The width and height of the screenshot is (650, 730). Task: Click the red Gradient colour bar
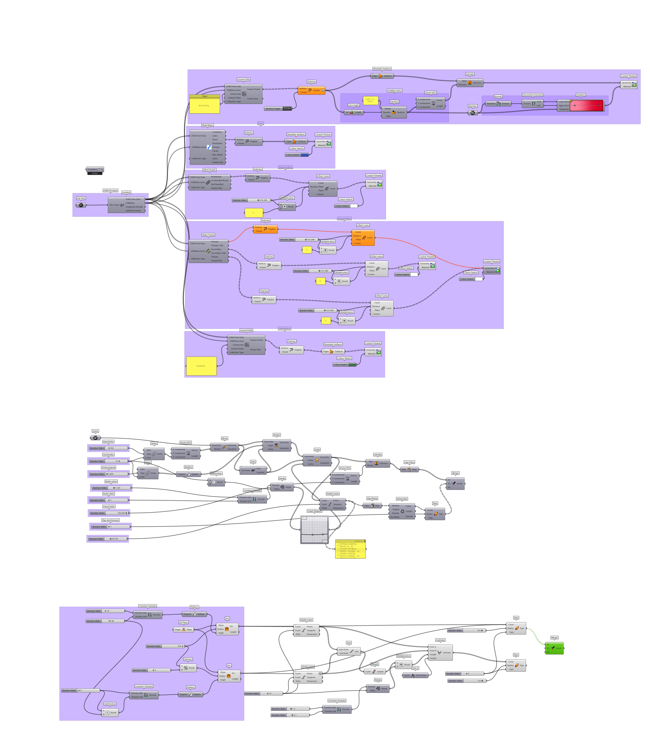tap(586, 106)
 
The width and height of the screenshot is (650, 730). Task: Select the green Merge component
tap(555, 648)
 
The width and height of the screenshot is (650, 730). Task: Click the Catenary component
tap(440, 652)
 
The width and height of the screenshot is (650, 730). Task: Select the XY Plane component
tap(184, 630)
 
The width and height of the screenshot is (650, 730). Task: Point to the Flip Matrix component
tap(372, 506)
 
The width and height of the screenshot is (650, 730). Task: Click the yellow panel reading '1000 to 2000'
tap(370, 100)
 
